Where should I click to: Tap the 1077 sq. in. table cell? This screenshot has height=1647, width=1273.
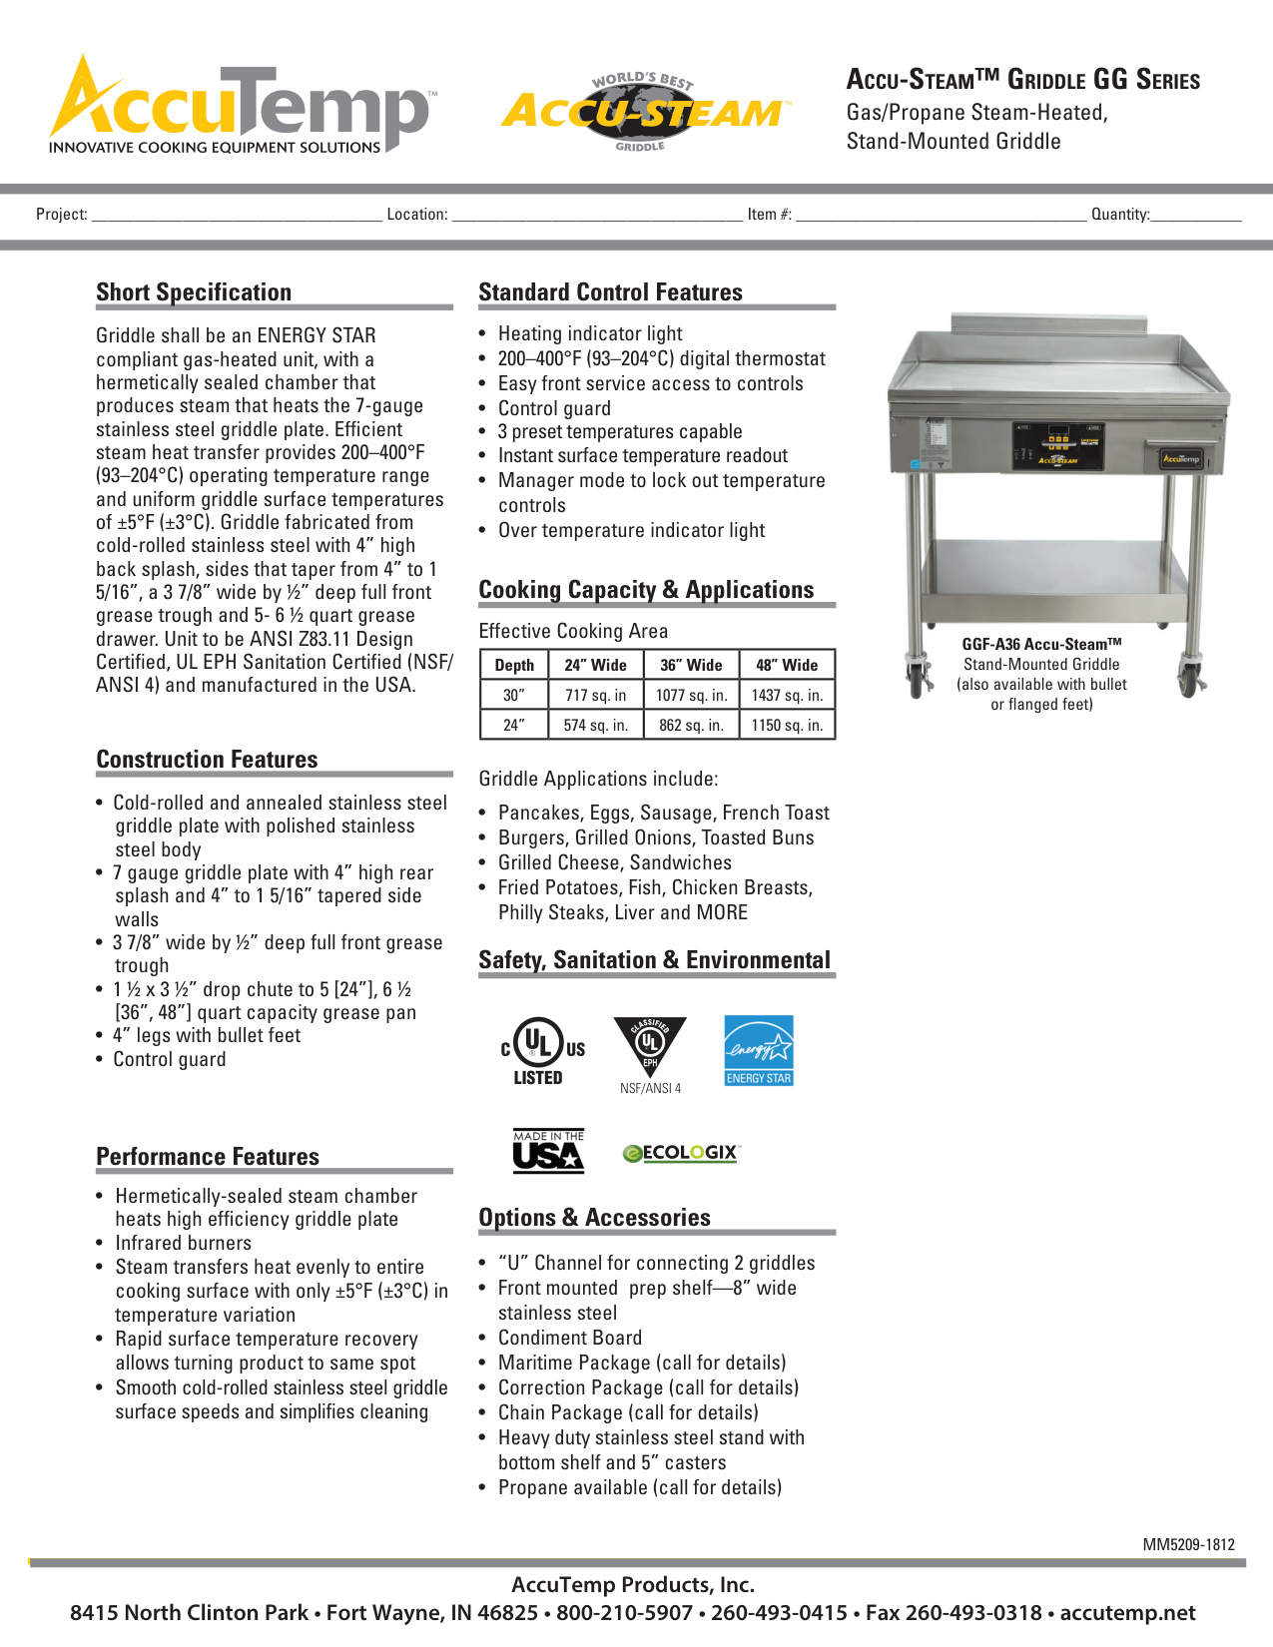pos(691,695)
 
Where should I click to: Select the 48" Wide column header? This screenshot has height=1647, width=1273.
pos(787,665)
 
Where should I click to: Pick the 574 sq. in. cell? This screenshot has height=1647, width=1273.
pos(595,725)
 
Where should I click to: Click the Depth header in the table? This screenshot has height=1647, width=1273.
pos(514,665)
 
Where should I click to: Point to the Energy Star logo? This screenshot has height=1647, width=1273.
pos(759,1050)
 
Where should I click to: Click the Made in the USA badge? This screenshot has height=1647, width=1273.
pos(548,1151)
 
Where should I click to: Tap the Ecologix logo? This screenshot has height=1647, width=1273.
pos(681,1153)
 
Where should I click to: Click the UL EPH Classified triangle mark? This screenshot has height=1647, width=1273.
pos(650,1047)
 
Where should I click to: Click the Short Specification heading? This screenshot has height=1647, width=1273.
pos(194,292)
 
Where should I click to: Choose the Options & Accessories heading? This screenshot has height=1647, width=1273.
pos(594,1218)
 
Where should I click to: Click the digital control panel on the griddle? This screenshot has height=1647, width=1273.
pos(1059,445)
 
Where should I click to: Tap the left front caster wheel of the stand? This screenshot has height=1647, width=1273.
pos(917,680)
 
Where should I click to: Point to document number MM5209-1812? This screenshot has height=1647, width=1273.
pos(1188,1544)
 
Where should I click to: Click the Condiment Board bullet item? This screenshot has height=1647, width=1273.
pos(570,1338)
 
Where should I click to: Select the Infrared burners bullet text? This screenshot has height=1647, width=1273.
pos(183,1243)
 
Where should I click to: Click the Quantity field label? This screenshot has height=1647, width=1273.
pos(1120,214)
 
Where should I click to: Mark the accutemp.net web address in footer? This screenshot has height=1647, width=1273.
pos(1127,1613)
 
